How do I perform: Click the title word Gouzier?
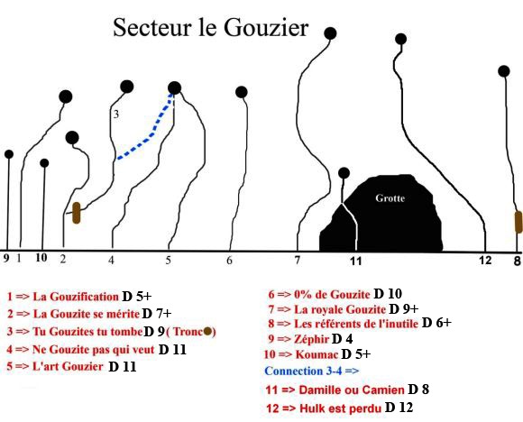[x=266, y=27]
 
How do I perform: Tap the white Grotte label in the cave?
[x=390, y=198]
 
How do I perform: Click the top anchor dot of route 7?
[x=330, y=33]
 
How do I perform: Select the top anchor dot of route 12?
[x=400, y=39]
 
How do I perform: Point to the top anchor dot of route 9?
[x=9, y=154]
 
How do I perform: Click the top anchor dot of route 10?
[x=44, y=163]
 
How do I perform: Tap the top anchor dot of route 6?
[x=241, y=92]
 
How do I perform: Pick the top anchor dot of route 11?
[x=344, y=173]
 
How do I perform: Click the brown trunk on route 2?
[x=77, y=213]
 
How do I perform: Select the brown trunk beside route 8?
[x=518, y=222]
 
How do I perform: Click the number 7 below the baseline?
[x=298, y=260]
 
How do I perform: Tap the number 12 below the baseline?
[x=485, y=260]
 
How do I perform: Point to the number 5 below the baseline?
[x=169, y=260]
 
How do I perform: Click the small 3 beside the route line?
[x=115, y=115]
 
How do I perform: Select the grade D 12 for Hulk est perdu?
[x=399, y=408]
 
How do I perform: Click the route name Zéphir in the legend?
[x=311, y=339]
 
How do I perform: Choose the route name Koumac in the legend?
[x=317, y=354]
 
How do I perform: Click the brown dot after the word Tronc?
[x=207, y=331]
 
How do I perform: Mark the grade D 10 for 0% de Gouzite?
[x=388, y=294]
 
